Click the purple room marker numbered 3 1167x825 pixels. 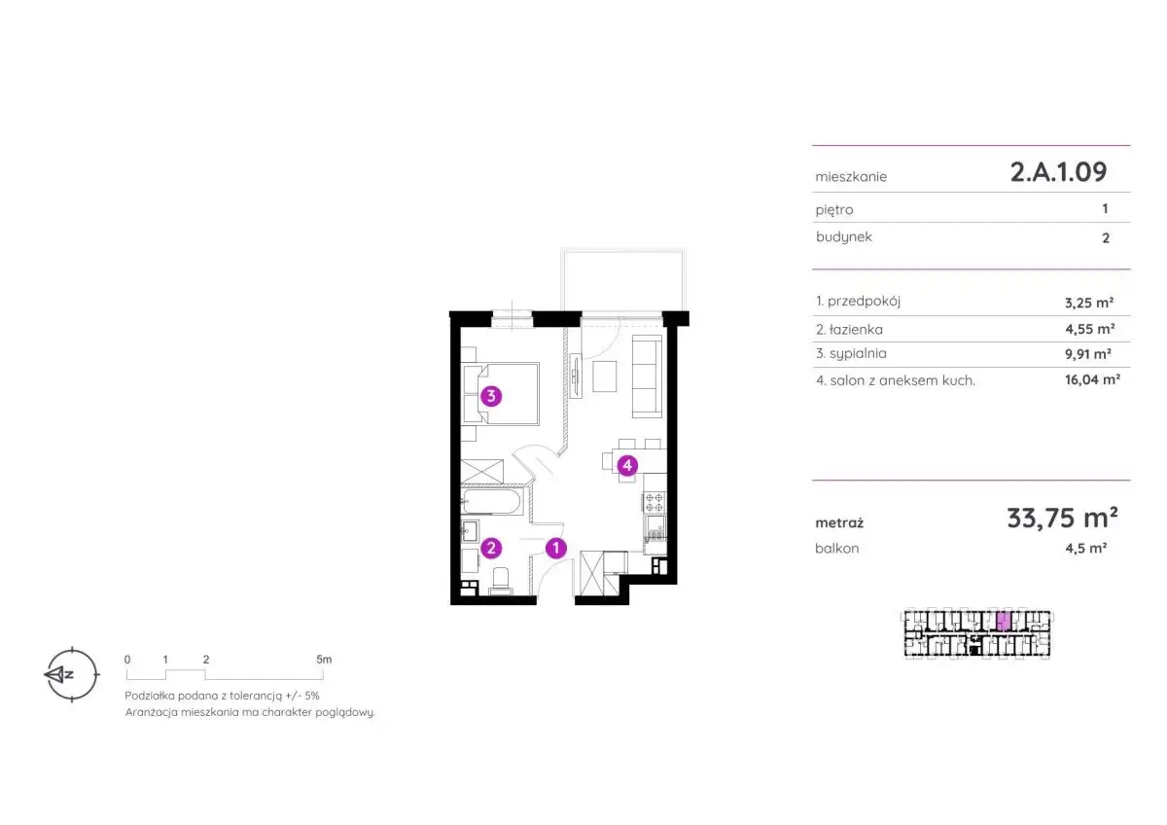(x=491, y=396)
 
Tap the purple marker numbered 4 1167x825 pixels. (x=627, y=465)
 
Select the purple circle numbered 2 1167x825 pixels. (x=491, y=548)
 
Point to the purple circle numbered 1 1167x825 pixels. (x=556, y=548)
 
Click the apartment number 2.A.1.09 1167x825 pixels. (x=1058, y=171)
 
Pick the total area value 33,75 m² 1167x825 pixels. (x=1062, y=518)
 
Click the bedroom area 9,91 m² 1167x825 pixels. (x=1088, y=354)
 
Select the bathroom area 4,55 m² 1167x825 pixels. (x=1089, y=329)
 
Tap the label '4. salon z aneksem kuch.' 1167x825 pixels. (x=895, y=380)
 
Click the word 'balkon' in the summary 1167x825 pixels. (x=836, y=549)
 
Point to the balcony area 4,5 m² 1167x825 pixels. (x=1085, y=548)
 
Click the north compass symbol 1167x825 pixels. (x=71, y=674)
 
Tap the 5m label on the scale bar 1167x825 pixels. (x=324, y=660)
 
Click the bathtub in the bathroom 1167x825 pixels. (x=491, y=501)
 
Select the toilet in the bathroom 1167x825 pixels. (x=501, y=581)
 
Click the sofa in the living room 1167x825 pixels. (x=647, y=377)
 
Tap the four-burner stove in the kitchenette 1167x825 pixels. (x=654, y=502)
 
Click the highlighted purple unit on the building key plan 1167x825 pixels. (x=1004, y=621)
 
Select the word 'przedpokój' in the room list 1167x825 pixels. (x=864, y=302)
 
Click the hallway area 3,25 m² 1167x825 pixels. (x=1089, y=303)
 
